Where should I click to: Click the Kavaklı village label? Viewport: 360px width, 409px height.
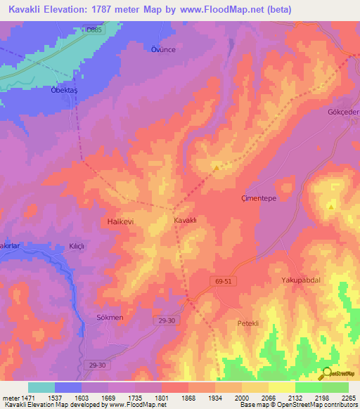(x=185, y=221)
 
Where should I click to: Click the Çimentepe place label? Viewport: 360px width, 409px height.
(x=261, y=199)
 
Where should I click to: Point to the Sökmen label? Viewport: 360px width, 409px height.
(x=110, y=318)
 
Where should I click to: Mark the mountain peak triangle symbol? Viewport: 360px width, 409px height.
(x=330, y=207)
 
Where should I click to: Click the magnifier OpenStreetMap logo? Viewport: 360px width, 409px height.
(x=328, y=373)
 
